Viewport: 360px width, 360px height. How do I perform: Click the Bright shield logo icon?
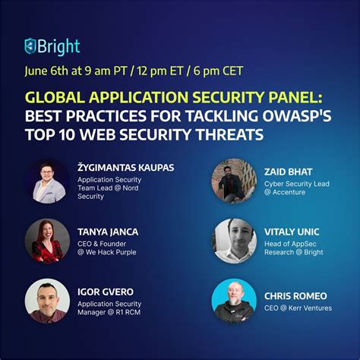pos(31,46)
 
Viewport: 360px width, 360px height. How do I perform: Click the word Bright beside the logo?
pos(59,46)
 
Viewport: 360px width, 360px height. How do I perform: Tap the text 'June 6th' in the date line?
pos(48,74)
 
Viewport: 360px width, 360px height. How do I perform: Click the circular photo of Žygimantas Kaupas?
pos(47,181)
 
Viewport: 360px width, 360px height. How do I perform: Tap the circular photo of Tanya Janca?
pos(47,241)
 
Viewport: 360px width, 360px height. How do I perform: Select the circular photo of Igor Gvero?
pos(47,301)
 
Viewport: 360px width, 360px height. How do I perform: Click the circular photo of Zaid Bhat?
pos(234,181)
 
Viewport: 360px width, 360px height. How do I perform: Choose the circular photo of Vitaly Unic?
pos(234,241)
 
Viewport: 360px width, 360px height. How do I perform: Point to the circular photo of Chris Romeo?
pos(234,301)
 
